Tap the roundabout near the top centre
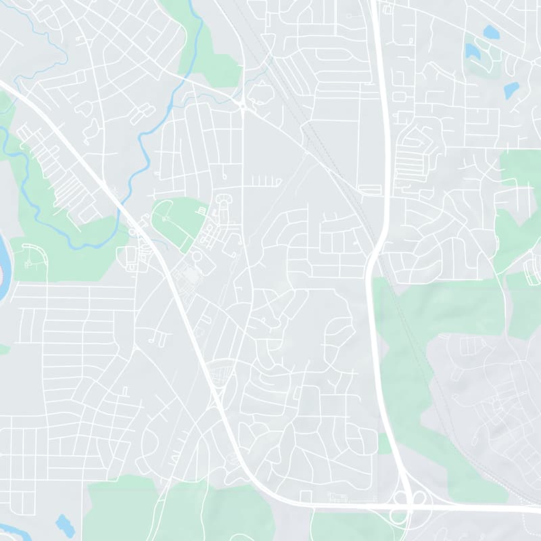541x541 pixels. tap(242, 105)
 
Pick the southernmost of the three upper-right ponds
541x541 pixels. tap(511, 90)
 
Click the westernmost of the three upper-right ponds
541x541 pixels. tap(472, 51)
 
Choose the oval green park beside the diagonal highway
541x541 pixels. tap(178, 223)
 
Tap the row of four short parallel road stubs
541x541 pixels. tap(266, 181)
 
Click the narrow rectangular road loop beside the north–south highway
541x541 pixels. tap(370, 190)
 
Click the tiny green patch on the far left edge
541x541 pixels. tap(3, 349)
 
